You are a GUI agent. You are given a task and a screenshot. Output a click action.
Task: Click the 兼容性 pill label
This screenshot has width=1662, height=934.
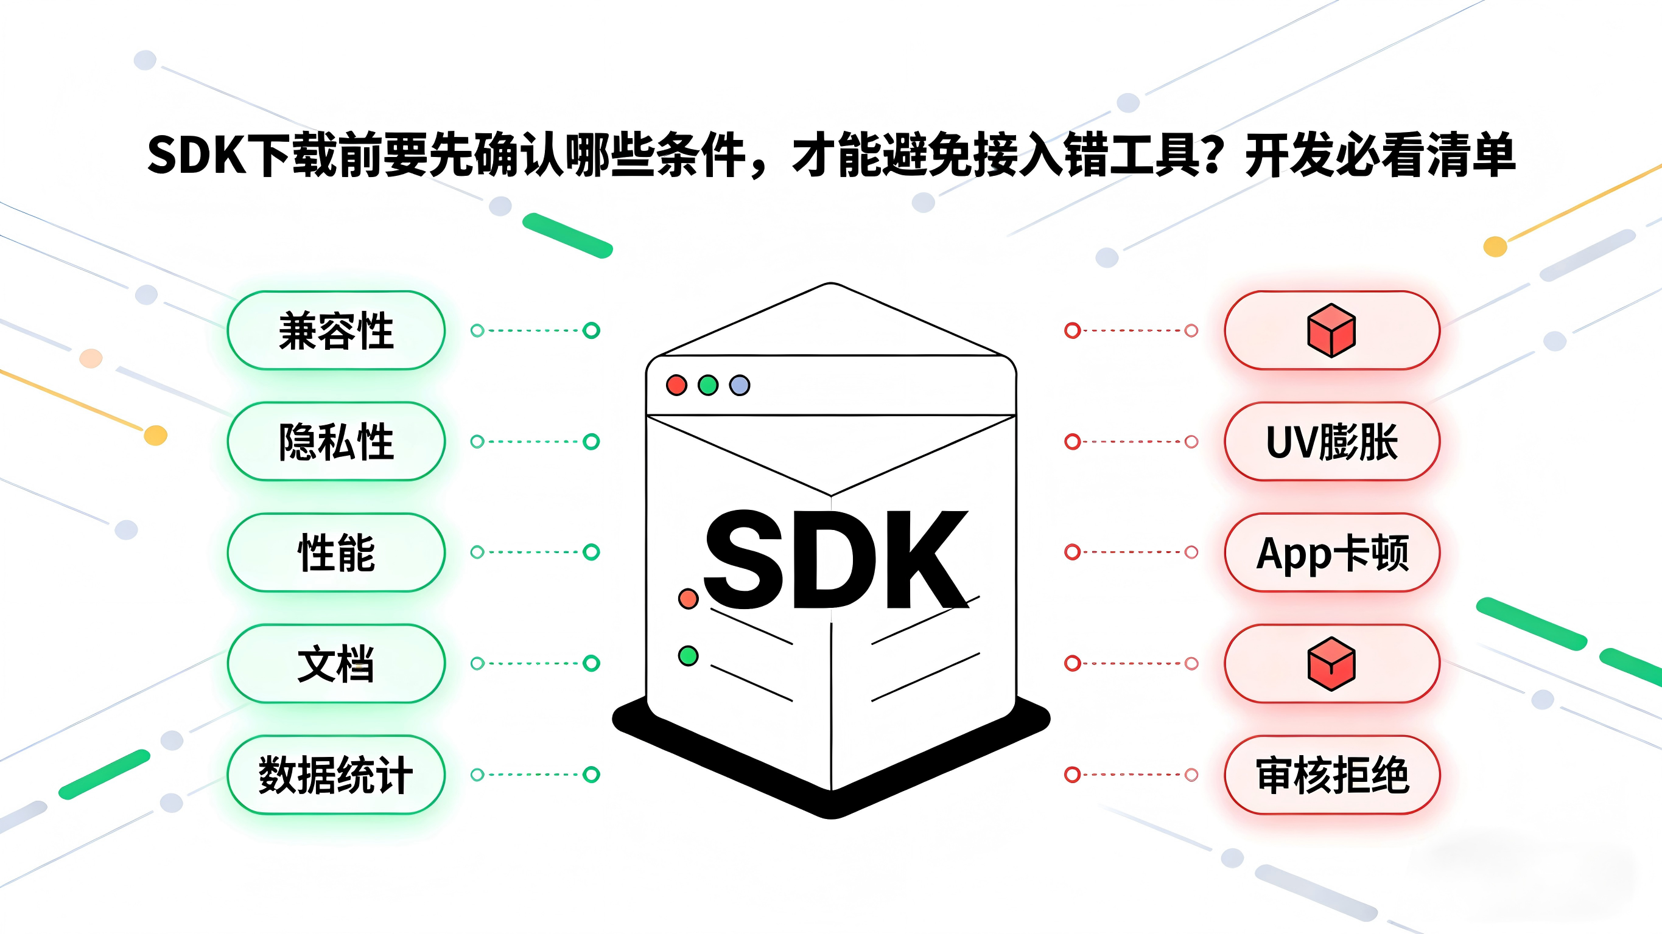point(336,331)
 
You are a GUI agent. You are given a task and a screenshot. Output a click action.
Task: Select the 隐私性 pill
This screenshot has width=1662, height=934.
point(336,442)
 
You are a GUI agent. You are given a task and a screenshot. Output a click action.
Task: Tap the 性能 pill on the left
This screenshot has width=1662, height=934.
point(336,552)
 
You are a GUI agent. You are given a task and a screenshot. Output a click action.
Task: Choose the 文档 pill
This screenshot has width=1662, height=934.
point(336,664)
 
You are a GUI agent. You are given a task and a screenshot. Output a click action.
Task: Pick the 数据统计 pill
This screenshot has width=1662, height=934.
point(336,775)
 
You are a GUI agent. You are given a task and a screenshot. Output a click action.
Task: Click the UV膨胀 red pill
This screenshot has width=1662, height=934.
point(1331,442)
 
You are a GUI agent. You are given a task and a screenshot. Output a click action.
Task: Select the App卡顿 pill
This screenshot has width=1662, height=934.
point(1331,552)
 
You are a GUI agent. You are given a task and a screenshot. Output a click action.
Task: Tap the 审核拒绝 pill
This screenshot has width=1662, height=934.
point(1331,775)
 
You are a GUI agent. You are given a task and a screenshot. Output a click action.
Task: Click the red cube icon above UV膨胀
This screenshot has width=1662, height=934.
point(1331,331)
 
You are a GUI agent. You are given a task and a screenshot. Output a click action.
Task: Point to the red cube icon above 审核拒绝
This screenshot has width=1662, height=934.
point(1331,664)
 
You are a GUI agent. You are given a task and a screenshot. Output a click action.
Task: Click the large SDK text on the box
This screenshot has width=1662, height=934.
point(835,560)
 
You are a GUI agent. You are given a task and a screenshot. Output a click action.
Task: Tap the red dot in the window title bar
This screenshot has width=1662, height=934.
point(676,385)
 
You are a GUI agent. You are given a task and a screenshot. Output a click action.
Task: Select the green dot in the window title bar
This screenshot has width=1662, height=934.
point(708,385)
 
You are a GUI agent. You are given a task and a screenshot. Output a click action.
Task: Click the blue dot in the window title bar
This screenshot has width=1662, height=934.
point(740,385)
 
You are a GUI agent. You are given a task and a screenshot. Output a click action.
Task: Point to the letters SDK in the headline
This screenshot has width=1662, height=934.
point(197,155)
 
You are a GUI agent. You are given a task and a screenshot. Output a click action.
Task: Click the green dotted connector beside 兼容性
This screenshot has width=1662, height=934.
point(535,331)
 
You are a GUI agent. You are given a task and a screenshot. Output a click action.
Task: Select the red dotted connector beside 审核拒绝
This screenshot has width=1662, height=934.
point(1132,775)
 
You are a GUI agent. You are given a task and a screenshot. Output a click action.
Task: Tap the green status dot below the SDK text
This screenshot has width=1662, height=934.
point(689,656)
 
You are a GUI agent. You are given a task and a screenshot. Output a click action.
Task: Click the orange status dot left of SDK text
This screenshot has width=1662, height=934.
point(689,599)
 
